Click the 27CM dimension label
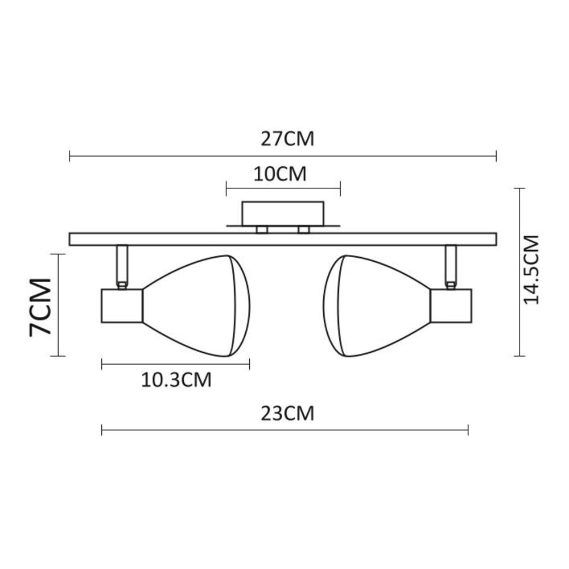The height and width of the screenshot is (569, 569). click(x=287, y=139)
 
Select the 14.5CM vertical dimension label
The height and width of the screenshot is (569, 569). click(x=532, y=270)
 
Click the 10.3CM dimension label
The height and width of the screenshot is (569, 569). click(x=176, y=380)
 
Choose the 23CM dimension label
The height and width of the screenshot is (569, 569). click(x=287, y=414)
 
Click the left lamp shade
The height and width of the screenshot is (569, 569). click(x=196, y=306)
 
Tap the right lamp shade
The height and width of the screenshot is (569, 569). click(x=377, y=306)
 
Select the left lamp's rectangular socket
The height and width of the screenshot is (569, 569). click(x=122, y=306)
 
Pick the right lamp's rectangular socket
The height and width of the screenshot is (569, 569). click(x=452, y=306)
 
